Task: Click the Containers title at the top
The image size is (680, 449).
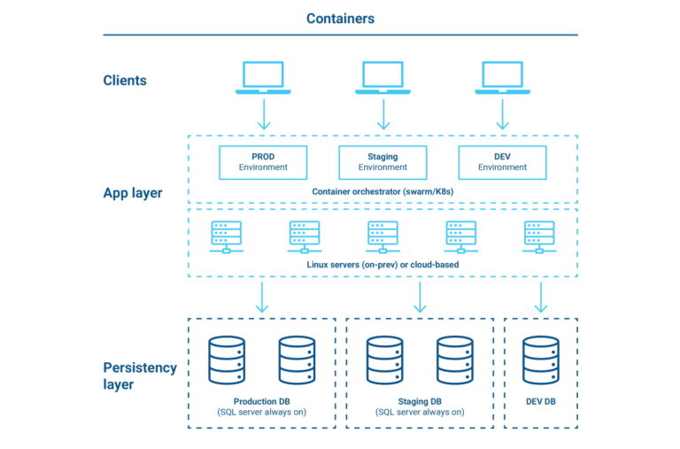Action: (340, 19)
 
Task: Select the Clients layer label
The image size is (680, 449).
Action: (125, 81)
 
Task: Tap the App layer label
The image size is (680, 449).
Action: (132, 193)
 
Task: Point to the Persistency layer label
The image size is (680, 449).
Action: (140, 375)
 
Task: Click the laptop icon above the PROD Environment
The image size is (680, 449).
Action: (263, 77)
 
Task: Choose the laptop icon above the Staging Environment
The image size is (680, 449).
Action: (382, 77)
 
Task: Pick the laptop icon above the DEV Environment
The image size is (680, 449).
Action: (503, 77)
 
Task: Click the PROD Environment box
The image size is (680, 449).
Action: (263, 162)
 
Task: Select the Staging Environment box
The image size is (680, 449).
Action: (382, 162)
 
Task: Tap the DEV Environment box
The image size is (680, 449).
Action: (503, 162)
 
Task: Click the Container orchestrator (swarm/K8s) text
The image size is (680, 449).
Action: (382, 191)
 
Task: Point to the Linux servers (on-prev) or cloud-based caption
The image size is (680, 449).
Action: (382, 265)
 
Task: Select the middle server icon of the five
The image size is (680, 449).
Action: (382, 236)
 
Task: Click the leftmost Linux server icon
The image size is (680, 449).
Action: (226, 236)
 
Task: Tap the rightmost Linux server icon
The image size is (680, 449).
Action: (539, 236)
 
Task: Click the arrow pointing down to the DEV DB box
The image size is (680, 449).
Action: (540, 298)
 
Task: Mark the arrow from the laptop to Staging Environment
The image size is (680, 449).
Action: (382, 114)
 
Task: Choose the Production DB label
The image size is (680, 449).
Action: (261, 401)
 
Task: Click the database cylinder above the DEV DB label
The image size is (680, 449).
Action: (540, 360)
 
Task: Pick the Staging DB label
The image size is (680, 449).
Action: (419, 401)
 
